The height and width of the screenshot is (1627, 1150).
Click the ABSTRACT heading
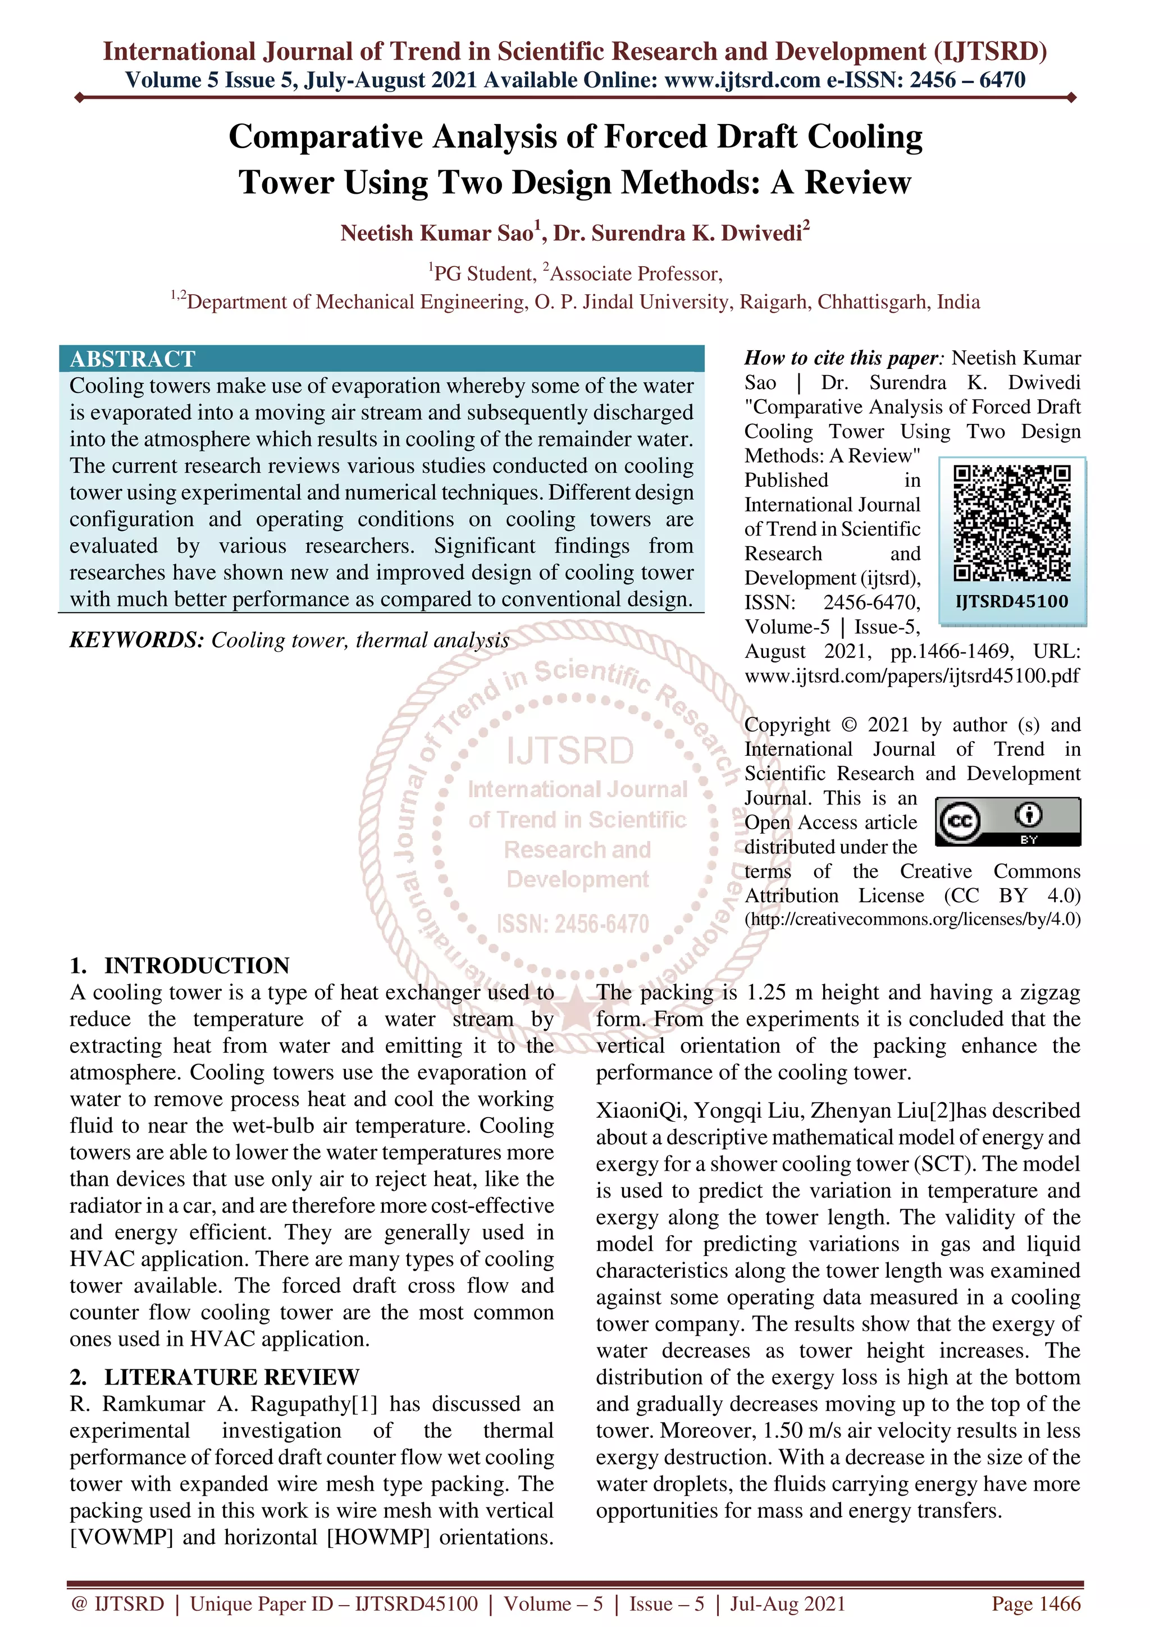[133, 359]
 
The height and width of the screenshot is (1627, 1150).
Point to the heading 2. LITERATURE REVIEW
[215, 1376]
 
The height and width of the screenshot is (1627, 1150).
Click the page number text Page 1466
[1036, 1603]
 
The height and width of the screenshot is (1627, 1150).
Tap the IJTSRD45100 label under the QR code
[1011, 602]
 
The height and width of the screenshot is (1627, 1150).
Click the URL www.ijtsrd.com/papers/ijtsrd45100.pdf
[911, 675]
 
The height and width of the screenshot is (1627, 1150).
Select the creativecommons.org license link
[912, 919]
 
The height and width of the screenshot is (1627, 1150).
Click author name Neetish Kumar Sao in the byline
[437, 233]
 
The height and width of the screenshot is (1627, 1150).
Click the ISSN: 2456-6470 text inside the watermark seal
[573, 924]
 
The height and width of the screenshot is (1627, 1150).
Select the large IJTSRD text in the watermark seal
[570, 751]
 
